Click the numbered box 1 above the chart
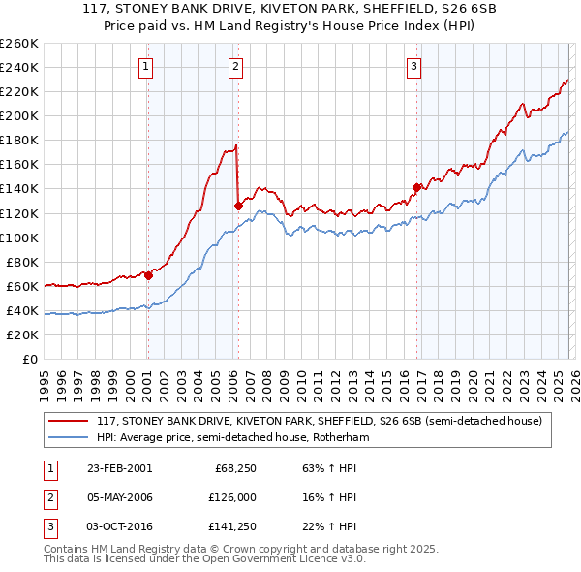click(146, 67)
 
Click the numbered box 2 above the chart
click(235, 67)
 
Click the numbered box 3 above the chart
click(413, 67)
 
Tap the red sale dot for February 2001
click(148, 275)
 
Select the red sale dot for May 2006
click(238, 206)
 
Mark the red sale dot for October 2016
click(416, 187)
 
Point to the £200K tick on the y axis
click(19, 115)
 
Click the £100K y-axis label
click(19, 238)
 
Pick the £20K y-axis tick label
click(22, 334)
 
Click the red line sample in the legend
click(68, 422)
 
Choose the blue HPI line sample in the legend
click(68, 437)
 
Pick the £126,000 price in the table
click(231, 497)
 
